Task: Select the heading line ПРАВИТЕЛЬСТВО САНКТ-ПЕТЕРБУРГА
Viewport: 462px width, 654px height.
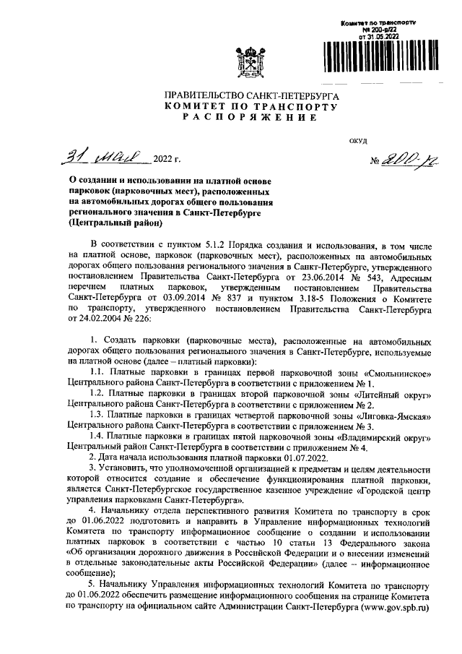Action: tap(251, 95)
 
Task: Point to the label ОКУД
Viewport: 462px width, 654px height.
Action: tap(359, 141)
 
